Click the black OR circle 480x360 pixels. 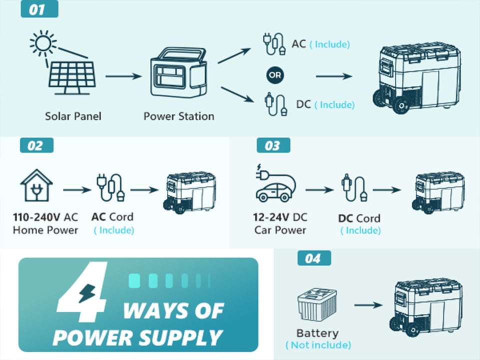(275, 75)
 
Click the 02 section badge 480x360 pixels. (36, 146)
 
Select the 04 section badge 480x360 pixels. (314, 258)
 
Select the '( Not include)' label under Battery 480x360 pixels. (318, 345)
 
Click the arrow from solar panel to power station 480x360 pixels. (123, 76)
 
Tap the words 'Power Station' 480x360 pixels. (179, 116)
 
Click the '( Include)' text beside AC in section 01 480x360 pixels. (329, 44)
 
